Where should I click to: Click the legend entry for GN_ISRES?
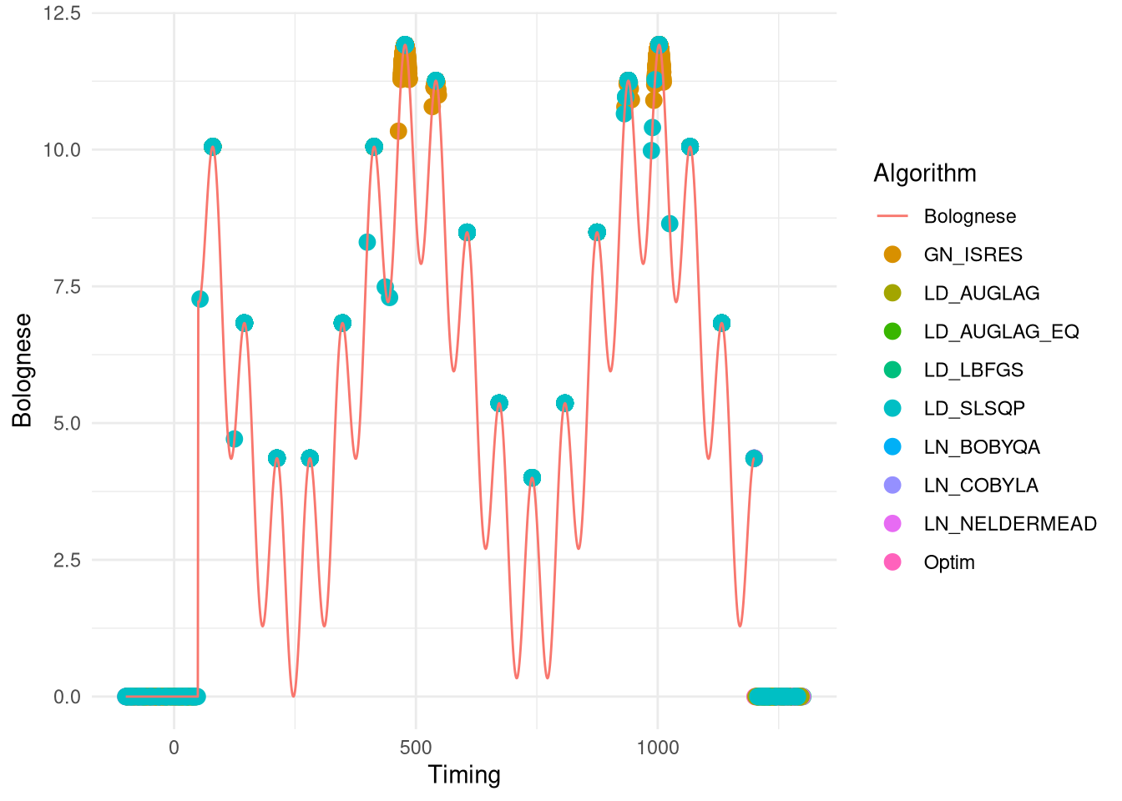(x=973, y=254)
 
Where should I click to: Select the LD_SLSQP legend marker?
(x=892, y=408)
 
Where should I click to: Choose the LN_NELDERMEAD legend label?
(x=1009, y=523)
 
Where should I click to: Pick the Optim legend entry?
(x=948, y=562)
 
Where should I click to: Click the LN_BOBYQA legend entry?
(x=981, y=446)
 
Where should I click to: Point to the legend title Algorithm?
(x=924, y=173)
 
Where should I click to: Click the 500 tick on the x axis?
(x=416, y=747)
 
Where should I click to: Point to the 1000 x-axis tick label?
(x=657, y=747)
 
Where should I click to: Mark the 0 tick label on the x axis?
(x=174, y=747)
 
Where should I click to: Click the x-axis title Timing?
(x=464, y=775)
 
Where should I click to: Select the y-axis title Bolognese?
(x=22, y=370)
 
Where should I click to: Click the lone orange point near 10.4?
(x=398, y=131)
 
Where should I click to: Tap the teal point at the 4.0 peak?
(x=532, y=478)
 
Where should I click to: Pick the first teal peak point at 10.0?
(x=213, y=147)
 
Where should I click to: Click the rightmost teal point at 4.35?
(x=754, y=458)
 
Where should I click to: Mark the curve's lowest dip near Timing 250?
(x=293, y=695)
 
